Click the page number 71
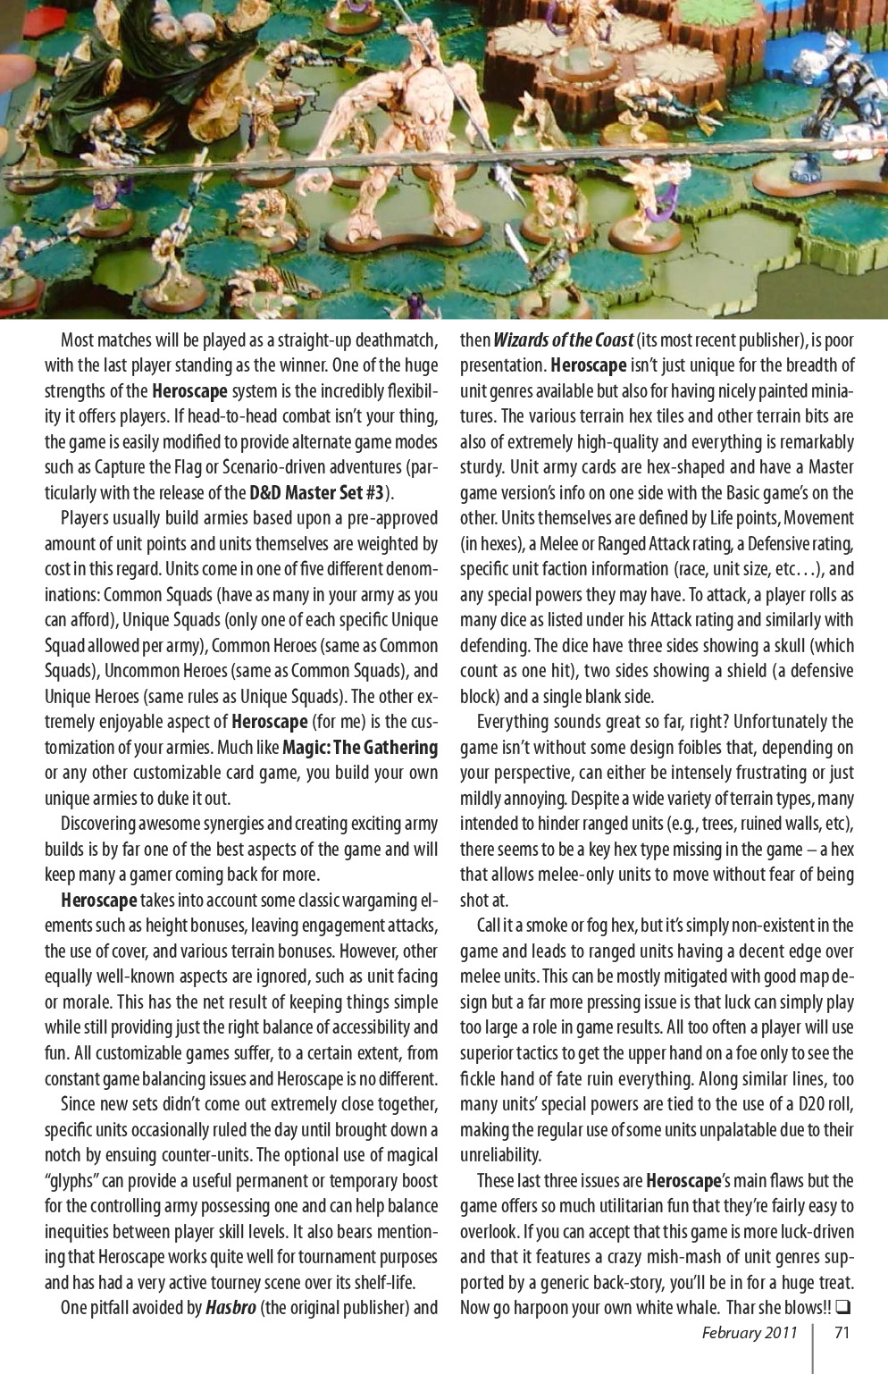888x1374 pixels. tap(841, 1333)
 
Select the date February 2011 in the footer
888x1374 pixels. tap(749, 1333)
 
